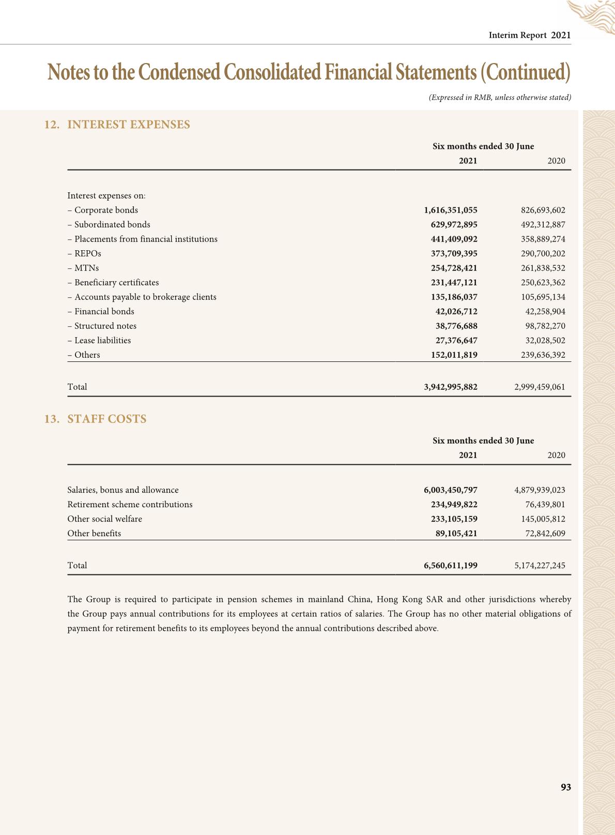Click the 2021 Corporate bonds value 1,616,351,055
coord(450,210)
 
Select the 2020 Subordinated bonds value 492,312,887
coord(543,224)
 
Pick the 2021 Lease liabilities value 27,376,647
coord(456,340)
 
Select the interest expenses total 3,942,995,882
coord(450,387)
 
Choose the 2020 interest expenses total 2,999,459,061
coord(540,387)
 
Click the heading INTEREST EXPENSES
coord(128,125)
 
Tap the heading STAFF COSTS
coord(106,419)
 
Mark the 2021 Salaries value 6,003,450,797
coord(450,490)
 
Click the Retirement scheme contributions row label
coord(130,504)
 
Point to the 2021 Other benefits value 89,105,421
coord(456,533)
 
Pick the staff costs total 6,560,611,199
coord(450,565)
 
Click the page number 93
coord(565,787)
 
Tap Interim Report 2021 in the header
coord(529,35)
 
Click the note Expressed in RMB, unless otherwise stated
coord(500,97)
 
